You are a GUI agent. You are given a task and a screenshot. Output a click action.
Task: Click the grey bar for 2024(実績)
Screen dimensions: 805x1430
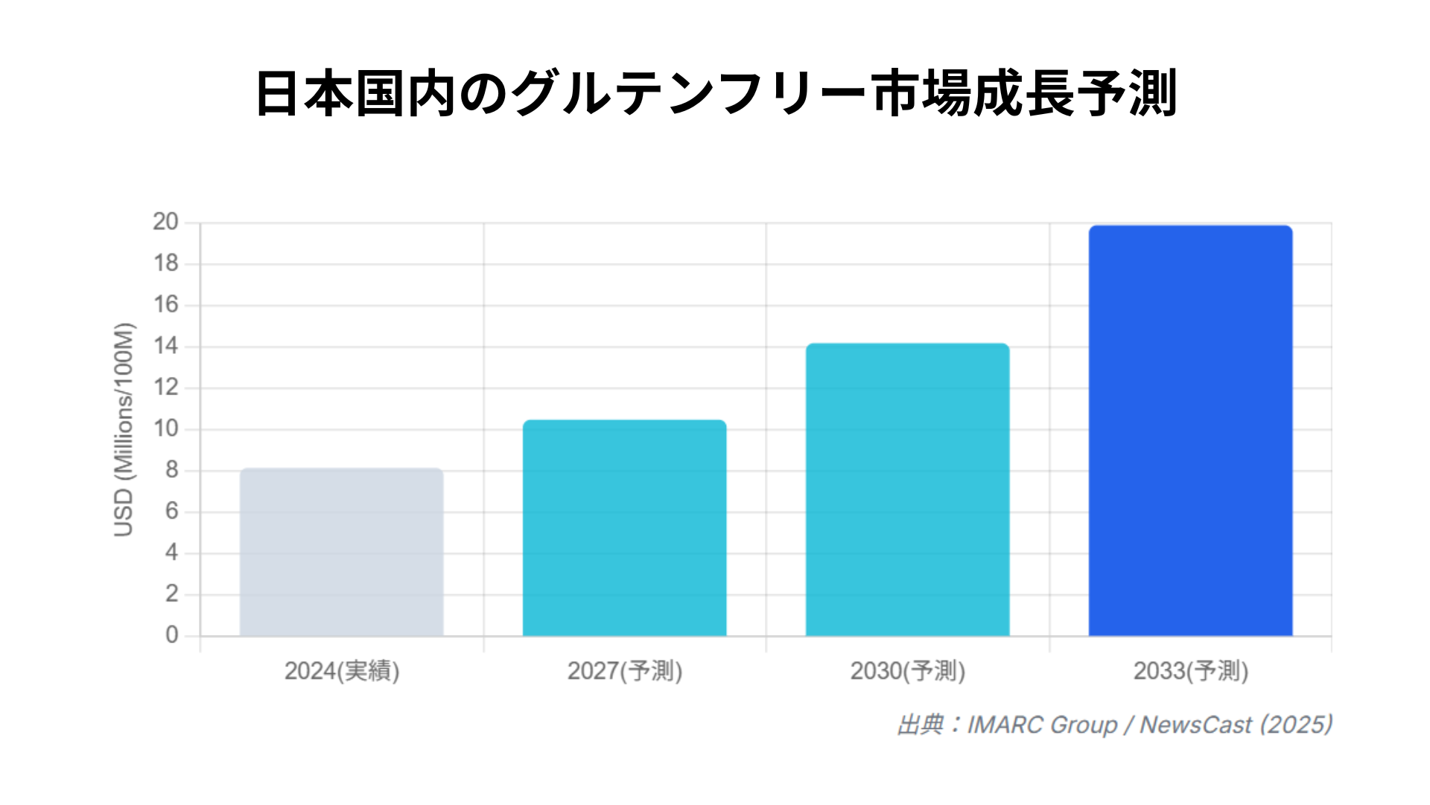[341, 552]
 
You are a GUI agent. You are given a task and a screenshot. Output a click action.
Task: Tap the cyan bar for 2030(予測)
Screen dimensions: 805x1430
[907, 490]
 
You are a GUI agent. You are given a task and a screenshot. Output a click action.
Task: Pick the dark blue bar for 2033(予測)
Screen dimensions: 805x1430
[1190, 431]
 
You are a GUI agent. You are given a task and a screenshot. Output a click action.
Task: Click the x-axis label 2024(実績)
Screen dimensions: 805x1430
[342, 671]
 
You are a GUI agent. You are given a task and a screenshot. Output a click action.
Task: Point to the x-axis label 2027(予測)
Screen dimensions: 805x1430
[625, 671]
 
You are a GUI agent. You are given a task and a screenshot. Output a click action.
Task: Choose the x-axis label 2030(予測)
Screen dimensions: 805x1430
[908, 671]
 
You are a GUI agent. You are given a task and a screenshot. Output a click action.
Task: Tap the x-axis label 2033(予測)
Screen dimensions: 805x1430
[1191, 671]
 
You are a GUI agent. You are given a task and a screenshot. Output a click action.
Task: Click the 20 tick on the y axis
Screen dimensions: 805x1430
[165, 222]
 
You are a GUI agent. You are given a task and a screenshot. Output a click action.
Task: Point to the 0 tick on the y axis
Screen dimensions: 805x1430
[172, 635]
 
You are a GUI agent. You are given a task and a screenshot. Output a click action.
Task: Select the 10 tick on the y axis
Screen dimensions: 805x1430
[165, 429]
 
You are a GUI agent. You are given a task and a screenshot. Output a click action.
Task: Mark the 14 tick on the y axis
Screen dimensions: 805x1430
[165, 346]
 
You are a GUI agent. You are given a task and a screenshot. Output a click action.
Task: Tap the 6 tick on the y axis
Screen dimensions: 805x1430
[172, 511]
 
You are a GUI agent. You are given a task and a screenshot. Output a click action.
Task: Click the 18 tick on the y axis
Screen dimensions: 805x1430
[165, 263]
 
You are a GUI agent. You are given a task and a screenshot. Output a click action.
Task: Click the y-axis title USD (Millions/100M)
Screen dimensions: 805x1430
[124, 429]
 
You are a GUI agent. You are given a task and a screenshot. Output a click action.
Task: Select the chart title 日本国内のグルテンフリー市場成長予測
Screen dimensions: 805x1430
[715, 94]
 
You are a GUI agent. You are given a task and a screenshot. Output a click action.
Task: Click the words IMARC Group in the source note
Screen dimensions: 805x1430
[1042, 724]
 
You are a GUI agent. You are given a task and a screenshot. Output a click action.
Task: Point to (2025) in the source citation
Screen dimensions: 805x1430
[1296, 724]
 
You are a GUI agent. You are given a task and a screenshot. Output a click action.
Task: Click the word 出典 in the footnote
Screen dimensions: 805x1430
[921, 724]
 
